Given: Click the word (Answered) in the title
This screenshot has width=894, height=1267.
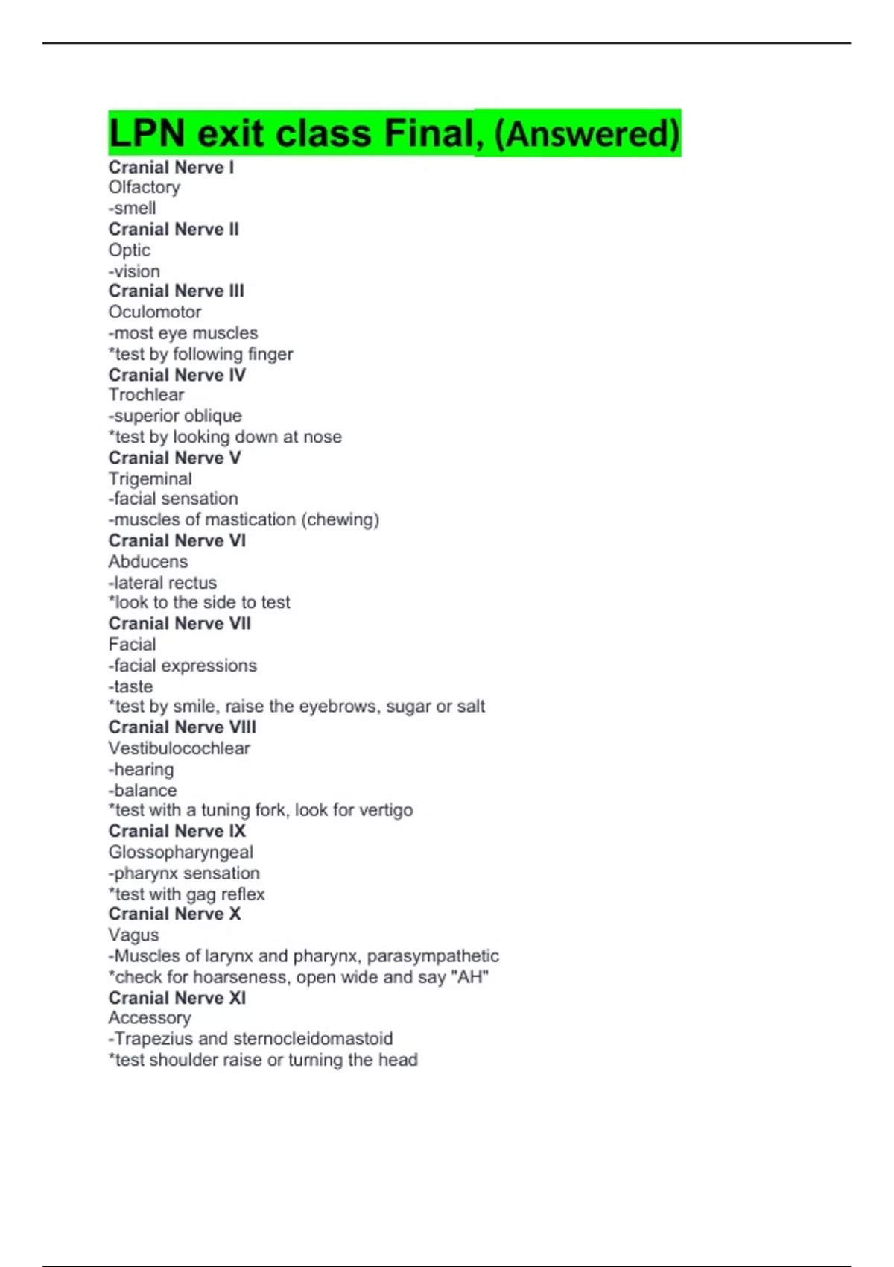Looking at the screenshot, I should [x=587, y=134].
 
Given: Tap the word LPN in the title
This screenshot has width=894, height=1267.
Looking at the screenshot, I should [x=147, y=134].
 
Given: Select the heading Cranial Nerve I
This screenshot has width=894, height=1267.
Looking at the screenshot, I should [x=171, y=168].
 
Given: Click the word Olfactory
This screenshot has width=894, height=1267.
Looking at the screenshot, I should [x=145, y=188].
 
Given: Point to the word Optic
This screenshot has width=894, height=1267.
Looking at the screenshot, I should [x=130, y=250].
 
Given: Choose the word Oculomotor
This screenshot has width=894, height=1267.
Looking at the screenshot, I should [x=155, y=312].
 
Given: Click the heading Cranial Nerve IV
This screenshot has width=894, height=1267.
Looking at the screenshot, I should [x=177, y=375].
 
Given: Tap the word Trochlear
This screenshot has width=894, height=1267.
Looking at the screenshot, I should [x=147, y=395].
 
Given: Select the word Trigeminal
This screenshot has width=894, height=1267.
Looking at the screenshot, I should [x=150, y=479].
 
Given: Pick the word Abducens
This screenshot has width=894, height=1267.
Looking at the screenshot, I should [x=148, y=562].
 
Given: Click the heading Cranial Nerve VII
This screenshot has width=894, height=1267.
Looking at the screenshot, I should [x=180, y=623].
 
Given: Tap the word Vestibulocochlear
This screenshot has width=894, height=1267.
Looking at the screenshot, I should [x=180, y=748].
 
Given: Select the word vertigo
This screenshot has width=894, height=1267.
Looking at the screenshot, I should [x=384, y=810].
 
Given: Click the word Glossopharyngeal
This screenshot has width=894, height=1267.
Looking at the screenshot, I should [x=181, y=852].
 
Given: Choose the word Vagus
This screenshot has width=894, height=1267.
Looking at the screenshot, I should [x=134, y=935].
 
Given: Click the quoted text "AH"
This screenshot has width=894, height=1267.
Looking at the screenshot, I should [x=470, y=977].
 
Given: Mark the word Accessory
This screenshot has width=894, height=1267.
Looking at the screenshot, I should [x=150, y=1018].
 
